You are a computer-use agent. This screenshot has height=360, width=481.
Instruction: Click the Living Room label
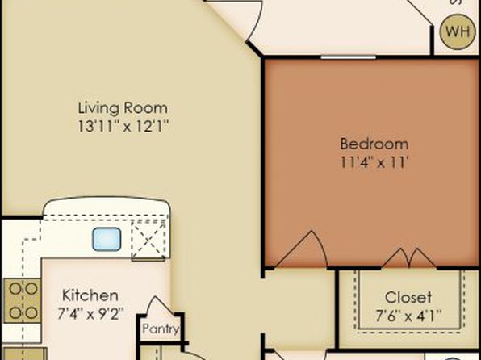pyautogui.click(x=123, y=108)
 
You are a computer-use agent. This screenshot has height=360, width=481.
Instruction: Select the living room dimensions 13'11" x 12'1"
pyautogui.click(x=123, y=126)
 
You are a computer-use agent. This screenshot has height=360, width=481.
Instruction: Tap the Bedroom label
pyautogui.click(x=374, y=144)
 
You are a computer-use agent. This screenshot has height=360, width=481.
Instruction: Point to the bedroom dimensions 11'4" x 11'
pyautogui.click(x=374, y=161)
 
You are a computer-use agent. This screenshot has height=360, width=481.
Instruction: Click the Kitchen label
pyautogui.click(x=90, y=295)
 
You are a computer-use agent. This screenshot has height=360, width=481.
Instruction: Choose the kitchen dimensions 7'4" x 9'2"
pyautogui.click(x=90, y=313)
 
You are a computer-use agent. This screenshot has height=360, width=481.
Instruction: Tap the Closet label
pyautogui.click(x=408, y=297)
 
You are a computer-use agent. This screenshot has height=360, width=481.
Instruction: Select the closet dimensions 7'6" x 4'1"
pyautogui.click(x=408, y=316)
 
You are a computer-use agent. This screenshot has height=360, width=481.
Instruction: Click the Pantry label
pyautogui.click(x=161, y=329)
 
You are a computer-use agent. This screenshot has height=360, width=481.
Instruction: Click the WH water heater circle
pyautogui.click(x=458, y=32)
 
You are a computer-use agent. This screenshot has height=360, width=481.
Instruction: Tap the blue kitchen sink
pyautogui.click(x=107, y=239)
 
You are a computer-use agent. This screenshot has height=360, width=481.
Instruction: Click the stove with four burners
pyautogui.click(x=22, y=301)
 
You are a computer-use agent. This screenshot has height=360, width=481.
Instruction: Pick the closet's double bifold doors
pyautogui.click(x=409, y=257)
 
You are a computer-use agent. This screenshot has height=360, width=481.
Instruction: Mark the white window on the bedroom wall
pyautogui.click(x=348, y=57)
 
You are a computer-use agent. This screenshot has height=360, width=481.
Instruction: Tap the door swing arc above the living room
pyautogui.click(x=255, y=20)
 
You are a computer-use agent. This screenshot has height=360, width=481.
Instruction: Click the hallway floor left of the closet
pyautogui.click(x=299, y=308)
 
